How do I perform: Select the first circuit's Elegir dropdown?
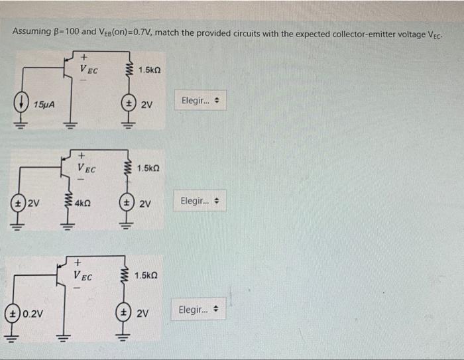[x=200, y=101]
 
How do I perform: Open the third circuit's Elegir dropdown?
[x=198, y=310]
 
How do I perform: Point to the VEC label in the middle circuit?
[x=86, y=168]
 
